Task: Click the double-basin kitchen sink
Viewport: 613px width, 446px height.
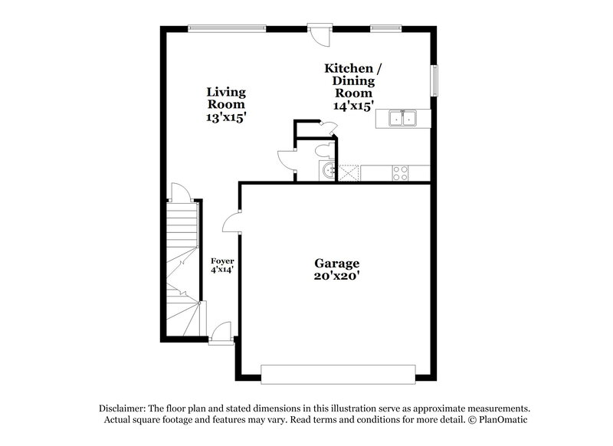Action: [402, 118]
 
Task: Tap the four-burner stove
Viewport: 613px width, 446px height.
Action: [400, 172]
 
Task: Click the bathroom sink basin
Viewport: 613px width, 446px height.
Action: [328, 171]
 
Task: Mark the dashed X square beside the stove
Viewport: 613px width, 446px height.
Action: [349, 172]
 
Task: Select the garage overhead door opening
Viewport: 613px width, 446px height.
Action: [338, 373]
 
